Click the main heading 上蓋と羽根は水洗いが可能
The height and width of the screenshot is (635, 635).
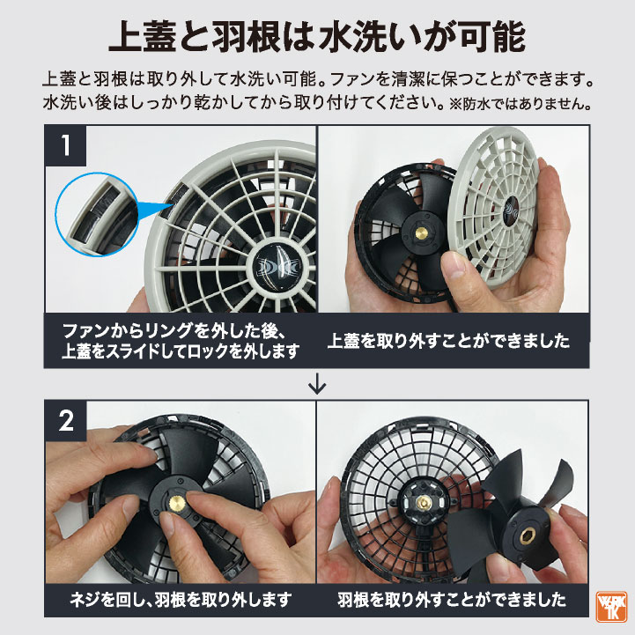[x=317, y=37]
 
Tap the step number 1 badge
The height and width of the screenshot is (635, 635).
[x=66, y=145]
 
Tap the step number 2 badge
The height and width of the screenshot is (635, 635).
[x=66, y=420]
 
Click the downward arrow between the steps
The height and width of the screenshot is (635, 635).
[x=317, y=385]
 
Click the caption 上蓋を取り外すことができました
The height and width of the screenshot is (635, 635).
[x=448, y=341]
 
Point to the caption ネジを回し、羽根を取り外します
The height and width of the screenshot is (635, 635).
[x=181, y=602]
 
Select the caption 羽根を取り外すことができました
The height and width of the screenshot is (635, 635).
[x=452, y=602]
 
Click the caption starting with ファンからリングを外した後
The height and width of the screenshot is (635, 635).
[x=181, y=341]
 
